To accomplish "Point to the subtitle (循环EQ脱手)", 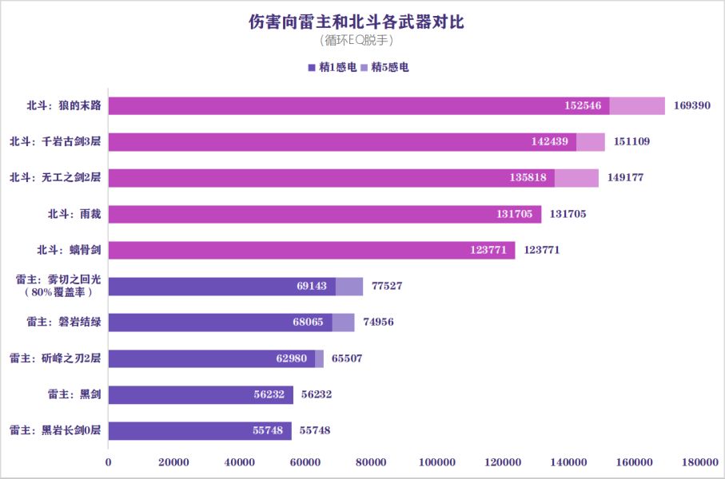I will (357, 40).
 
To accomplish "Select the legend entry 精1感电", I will (332, 68).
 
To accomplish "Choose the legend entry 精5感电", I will (386, 68).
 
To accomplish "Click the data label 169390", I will (692, 106).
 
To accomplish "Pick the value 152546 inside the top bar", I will (582, 106).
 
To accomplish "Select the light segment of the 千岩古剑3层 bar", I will (590, 142).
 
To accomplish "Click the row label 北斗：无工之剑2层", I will (55, 178).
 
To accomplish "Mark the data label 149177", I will (626, 178).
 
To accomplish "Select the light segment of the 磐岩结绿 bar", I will (343, 323).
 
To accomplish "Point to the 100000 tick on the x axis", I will (436, 461).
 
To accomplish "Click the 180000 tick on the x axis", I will (700, 461).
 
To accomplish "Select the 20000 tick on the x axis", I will (173, 461).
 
